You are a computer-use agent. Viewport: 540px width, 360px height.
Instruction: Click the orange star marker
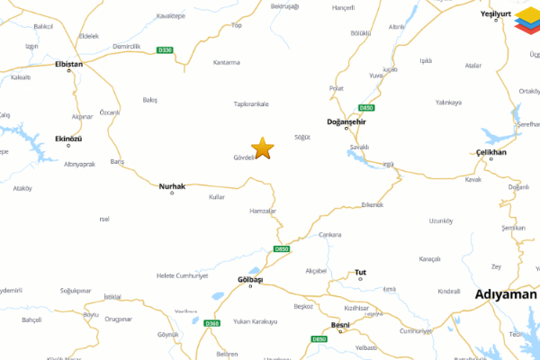[262, 148]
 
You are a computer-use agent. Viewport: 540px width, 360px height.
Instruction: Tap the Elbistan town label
[69, 64]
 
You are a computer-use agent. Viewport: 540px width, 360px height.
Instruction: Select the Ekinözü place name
[68, 139]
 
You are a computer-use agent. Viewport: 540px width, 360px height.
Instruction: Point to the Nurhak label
[172, 186]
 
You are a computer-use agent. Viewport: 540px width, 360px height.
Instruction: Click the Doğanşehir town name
[345, 121]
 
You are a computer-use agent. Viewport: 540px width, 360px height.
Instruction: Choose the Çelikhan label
[491, 152]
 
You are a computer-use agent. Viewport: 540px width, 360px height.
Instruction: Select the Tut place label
[360, 271]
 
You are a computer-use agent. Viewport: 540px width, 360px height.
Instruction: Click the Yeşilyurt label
[495, 15]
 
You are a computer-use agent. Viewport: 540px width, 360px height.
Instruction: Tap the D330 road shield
[165, 50]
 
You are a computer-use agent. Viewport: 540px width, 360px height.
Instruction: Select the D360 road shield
[211, 323]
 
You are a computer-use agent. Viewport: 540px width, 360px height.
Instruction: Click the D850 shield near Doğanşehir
[366, 107]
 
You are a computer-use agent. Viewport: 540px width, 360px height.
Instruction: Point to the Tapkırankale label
[251, 103]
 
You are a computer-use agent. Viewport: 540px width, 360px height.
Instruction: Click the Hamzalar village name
[262, 211]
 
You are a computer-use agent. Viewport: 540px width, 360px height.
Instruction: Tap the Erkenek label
[372, 204]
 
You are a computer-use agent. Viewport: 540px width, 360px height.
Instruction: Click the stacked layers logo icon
[526, 23]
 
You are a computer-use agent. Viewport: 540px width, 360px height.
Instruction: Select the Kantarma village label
[226, 62]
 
